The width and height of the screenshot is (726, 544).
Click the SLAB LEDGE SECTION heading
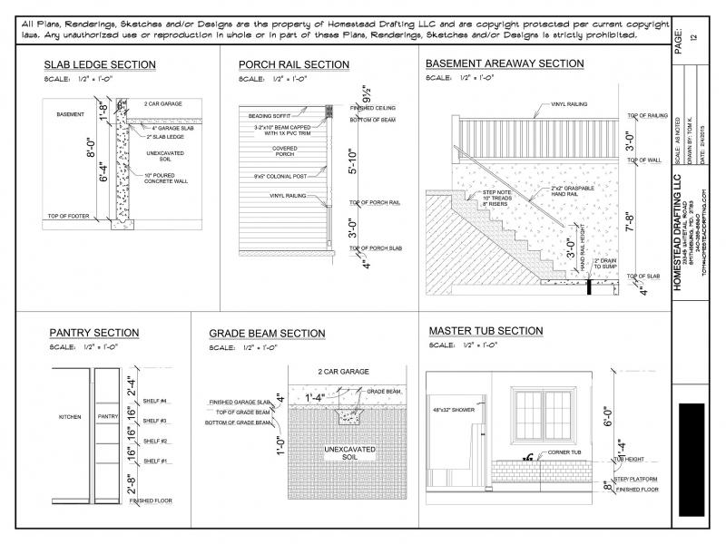coord(100,65)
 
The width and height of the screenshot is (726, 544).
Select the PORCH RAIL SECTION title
coord(293,65)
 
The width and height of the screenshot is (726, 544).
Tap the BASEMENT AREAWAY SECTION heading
coord(505,64)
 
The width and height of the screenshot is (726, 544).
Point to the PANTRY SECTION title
coord(93,334)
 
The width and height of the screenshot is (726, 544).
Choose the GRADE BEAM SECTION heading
coord(267,335)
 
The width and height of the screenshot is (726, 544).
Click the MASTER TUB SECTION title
coord(486,331)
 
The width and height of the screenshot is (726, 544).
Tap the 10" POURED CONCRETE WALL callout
coord(165,177)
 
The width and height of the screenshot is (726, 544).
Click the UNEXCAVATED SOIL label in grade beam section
coord(342,452)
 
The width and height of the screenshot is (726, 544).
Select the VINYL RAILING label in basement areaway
coord(568,104)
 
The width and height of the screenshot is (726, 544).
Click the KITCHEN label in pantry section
coord(70,417)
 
